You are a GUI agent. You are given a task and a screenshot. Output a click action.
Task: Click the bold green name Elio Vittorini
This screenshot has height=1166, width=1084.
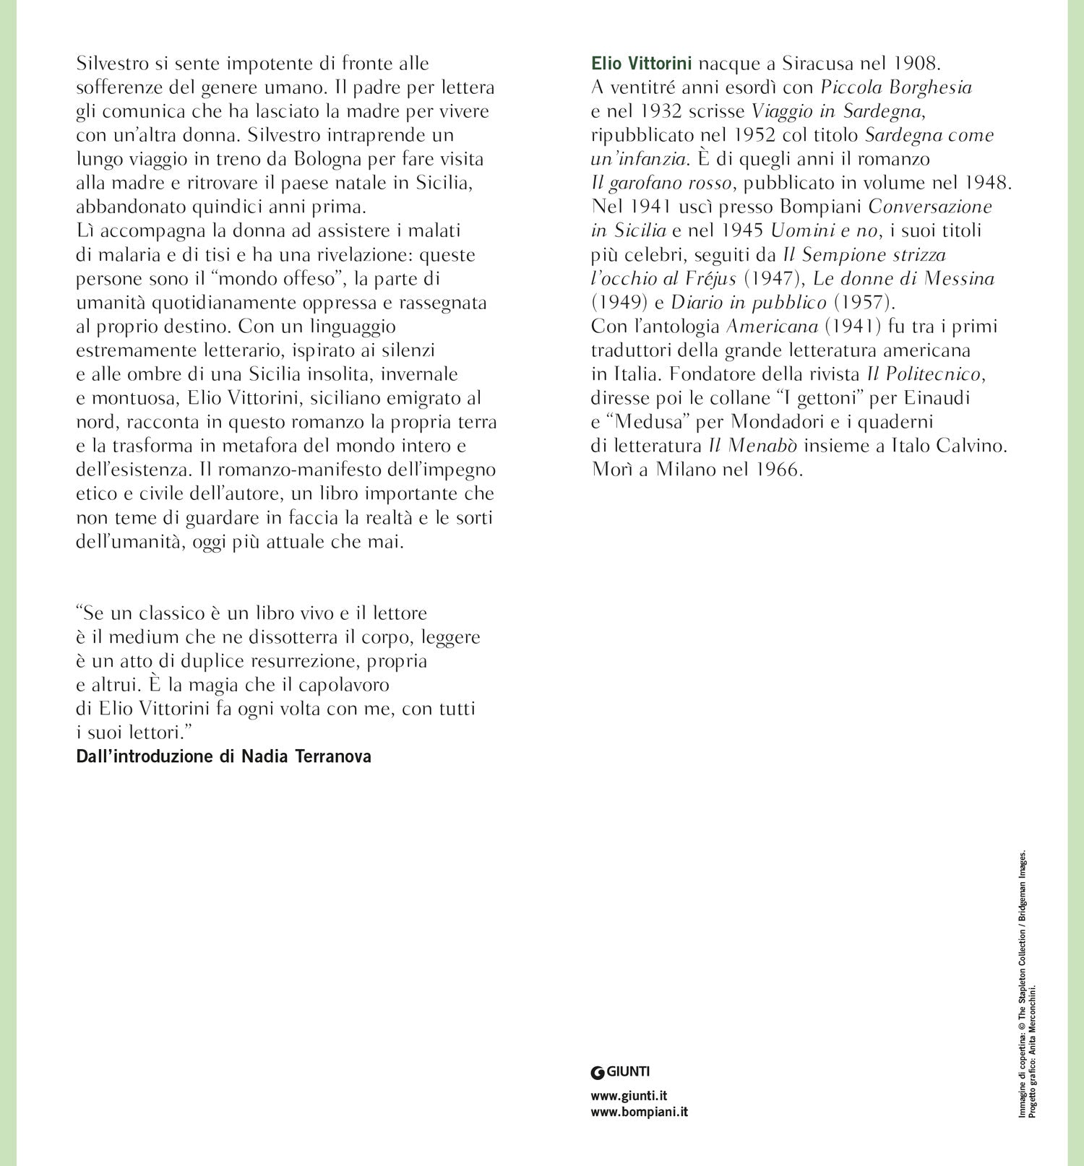pos(641,64)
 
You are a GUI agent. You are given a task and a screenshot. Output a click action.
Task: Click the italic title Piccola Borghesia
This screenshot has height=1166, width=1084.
pos(896,87)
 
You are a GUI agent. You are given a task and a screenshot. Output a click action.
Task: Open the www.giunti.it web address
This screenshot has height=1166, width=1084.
pos(629,1096)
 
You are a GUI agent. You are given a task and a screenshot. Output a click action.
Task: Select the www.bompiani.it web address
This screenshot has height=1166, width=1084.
pos(639,1112)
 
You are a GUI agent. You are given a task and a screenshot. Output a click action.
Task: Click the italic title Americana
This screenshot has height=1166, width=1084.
pos(772,327)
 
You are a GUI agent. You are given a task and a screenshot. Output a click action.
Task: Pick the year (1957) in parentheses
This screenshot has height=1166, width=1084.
pos(859,303)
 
